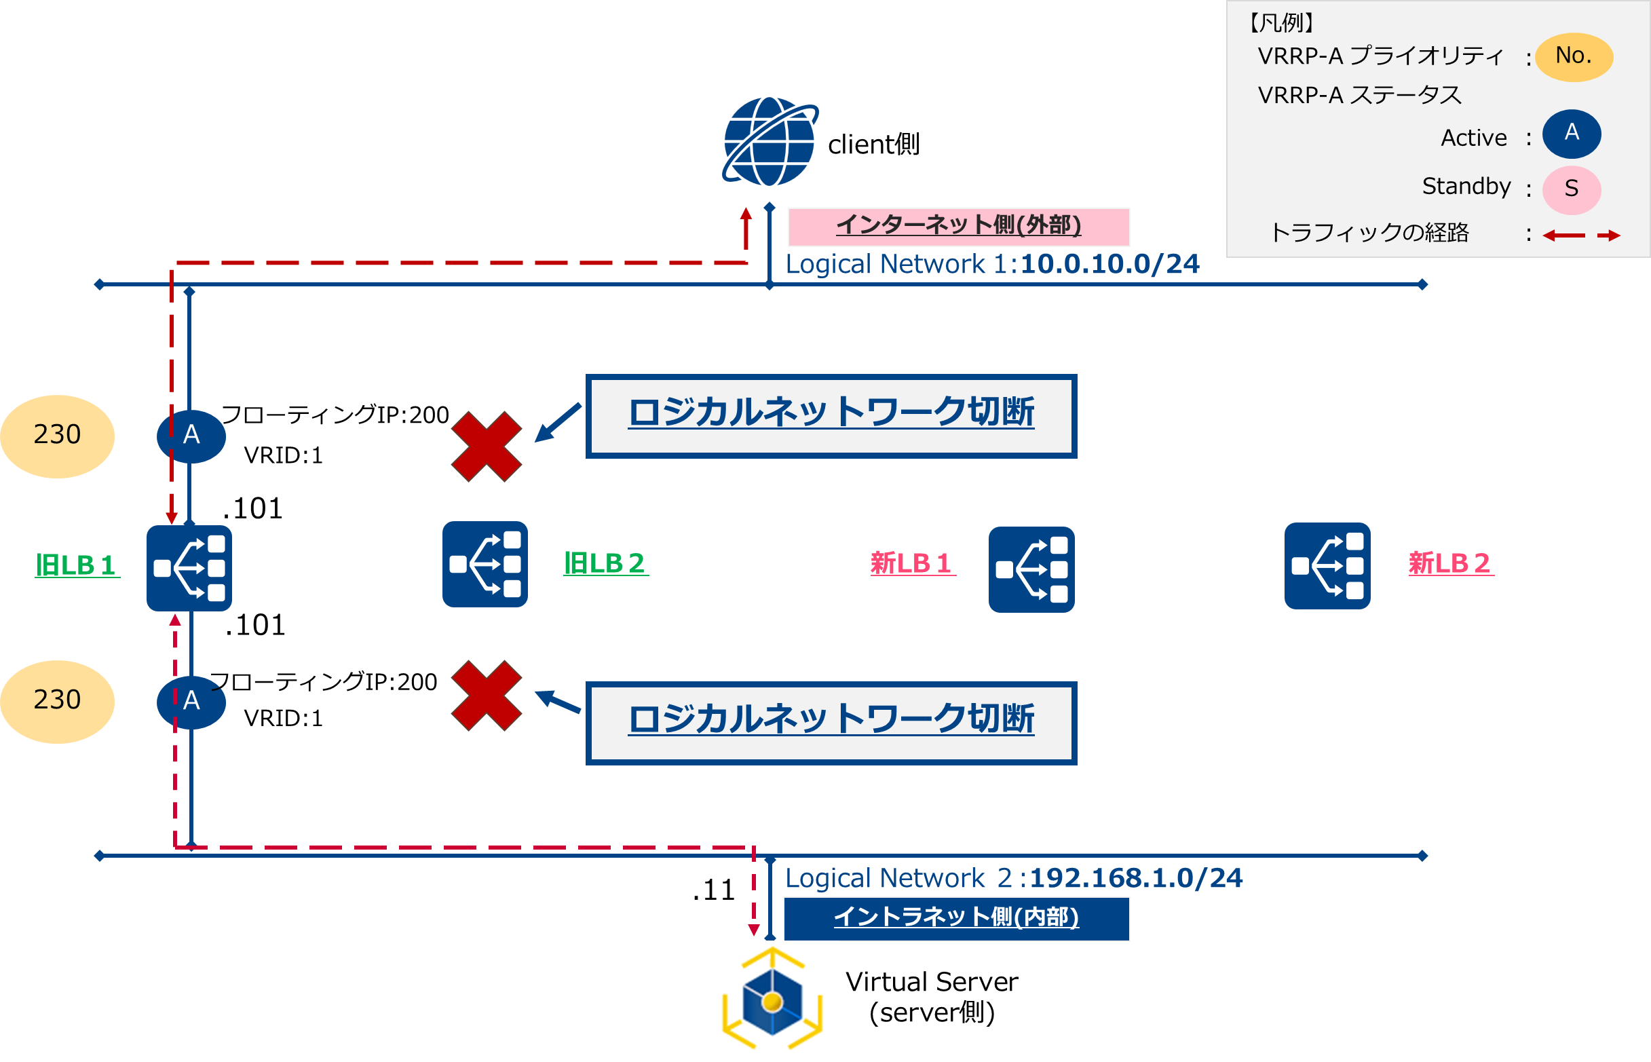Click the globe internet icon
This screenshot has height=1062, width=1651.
770,142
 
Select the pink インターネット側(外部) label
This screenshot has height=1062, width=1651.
958,226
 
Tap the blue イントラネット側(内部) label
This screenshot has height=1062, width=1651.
956,918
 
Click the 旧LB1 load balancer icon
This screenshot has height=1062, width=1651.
189,568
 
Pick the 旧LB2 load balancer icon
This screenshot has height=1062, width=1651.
485,564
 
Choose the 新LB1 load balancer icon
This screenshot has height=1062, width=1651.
1031,569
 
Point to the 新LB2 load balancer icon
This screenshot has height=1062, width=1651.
1327,566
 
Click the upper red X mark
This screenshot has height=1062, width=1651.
486,447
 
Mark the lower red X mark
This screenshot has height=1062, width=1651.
486,695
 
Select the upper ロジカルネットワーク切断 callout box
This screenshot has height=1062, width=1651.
831,416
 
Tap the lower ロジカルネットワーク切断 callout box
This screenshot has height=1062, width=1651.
831,723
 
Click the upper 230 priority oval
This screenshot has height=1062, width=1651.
57,436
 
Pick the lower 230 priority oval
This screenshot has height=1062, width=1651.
57,702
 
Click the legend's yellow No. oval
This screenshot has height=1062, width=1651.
1573,56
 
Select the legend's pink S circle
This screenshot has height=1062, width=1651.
1571,189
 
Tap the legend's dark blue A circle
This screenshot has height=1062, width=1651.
1571,133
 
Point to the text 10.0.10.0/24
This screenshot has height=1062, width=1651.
1109,264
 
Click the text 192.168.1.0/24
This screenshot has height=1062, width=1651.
1135,879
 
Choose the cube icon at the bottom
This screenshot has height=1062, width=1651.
770,1001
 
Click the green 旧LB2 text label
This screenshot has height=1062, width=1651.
605,563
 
